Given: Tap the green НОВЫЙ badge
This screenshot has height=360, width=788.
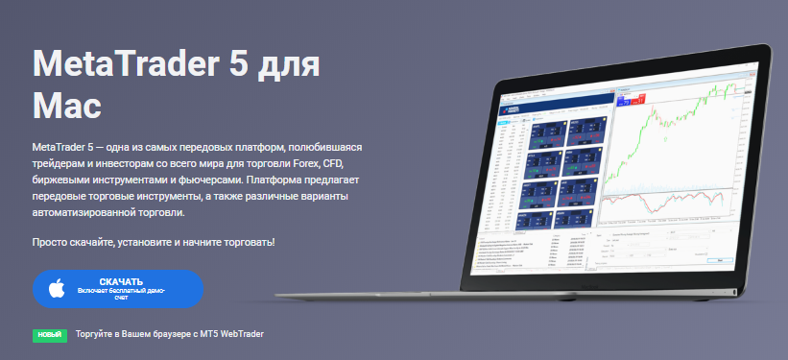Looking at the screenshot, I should click(48, 335).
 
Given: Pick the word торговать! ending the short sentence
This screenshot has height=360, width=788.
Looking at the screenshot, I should click(248, 241).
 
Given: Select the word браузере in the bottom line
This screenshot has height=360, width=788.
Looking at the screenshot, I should click(161, 334).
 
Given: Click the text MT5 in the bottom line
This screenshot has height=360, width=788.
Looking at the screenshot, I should click(203, 334).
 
